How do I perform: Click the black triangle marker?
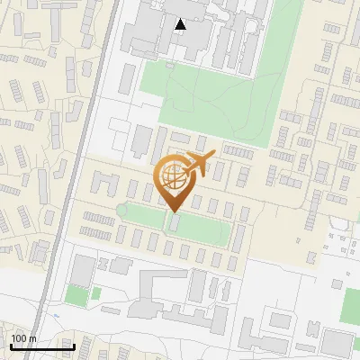point(181,24)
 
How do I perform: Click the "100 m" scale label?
point(23,338)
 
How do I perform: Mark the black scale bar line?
point(41,346)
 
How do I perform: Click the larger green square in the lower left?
point(76,294)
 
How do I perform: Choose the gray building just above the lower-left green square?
point(84,268)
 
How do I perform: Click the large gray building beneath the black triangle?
point(162,36)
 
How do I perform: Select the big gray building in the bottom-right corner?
point(337,343)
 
